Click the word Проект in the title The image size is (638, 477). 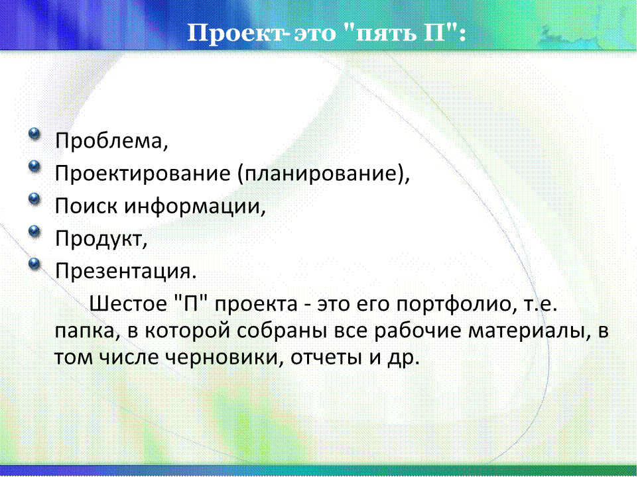click(x=236, y=33)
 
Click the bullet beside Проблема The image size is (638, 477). click(x=34, y=133)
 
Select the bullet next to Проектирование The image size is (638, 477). click(x=34, y=166)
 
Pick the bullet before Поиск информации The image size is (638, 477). click(x=34, y=198)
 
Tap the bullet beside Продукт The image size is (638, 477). click(x=34, y=231)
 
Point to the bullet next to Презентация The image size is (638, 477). click(x=34, y=264)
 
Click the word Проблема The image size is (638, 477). click(x=109, y=141)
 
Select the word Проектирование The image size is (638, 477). click(x=143, y=174)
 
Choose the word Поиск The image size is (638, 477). click(x=86, y=205)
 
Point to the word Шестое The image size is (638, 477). click(x=128, y=303)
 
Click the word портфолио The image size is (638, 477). click(x=453, y=304)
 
